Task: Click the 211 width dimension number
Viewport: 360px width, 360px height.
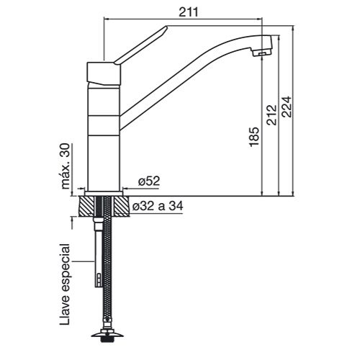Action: coord(189,12)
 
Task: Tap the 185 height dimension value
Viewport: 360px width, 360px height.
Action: coord(254,137)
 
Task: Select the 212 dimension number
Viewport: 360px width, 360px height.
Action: coord(271,115)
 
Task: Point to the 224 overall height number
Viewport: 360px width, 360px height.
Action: coord(287,107)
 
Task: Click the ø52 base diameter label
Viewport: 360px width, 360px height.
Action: coord(149,181)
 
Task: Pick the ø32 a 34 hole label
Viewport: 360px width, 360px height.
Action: coord(158,206)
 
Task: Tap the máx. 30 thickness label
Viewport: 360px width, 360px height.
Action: coord(66,166)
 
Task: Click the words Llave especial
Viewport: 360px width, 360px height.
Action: coord(65,284)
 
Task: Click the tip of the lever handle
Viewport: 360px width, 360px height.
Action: coord(166,27)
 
